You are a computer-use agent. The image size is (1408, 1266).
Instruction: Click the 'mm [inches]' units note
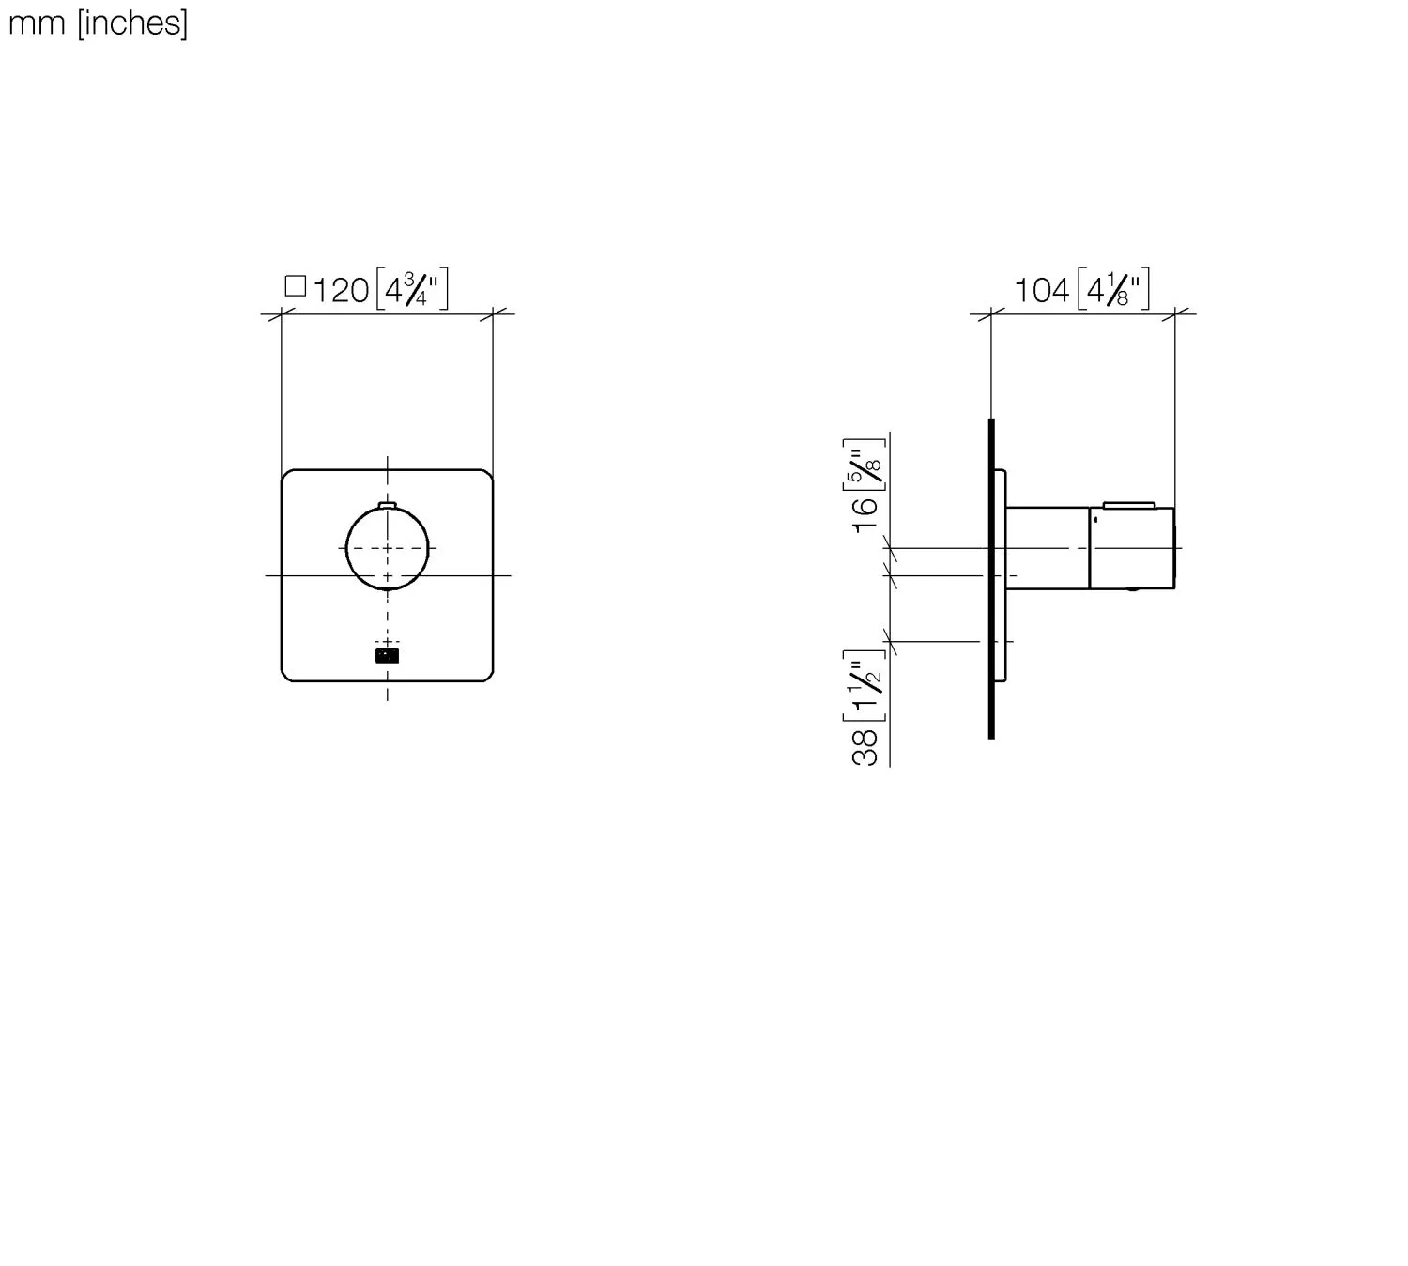(x=98, y=23)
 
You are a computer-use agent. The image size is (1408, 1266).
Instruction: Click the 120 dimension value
(x=340, y=291)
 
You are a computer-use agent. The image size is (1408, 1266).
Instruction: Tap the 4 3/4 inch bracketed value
(x=412, y=289)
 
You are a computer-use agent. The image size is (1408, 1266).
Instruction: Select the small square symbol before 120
(x=295, y=286)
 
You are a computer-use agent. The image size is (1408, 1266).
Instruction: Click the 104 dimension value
(x=1041, y=291)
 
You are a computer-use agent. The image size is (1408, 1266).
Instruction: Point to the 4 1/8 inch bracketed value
(x=1113, y=289)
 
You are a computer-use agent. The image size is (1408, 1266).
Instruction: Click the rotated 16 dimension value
(x=865, y=514)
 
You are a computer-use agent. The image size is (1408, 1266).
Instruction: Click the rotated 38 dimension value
(x=865, y=747)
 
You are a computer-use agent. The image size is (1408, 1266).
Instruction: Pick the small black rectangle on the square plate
(x=387, y=656)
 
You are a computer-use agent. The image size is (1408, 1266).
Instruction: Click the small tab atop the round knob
(x=388, y=507)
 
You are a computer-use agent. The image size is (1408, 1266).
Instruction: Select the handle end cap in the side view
(x=1131, y=549)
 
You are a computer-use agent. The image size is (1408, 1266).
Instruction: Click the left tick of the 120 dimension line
(x=282, y=313)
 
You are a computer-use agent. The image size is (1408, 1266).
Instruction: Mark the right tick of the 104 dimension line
(x=1174, y=313)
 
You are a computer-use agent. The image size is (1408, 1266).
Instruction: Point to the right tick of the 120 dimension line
(x=493, y=313)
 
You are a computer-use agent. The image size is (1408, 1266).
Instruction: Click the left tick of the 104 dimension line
(x=991, y=313)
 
